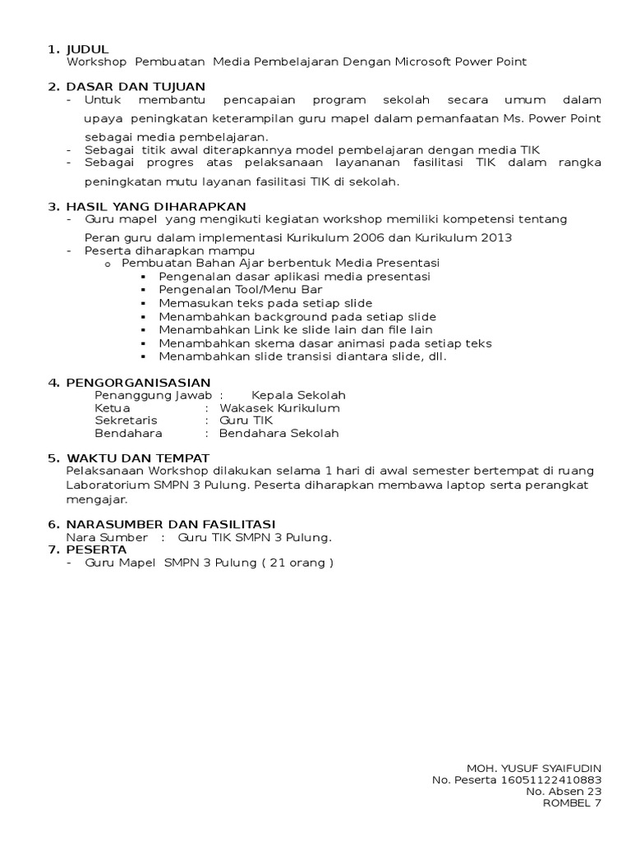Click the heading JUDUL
click(x=87, y=49)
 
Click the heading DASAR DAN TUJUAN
click(x=136, y=87)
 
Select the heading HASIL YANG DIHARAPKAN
click(x=155, y=206)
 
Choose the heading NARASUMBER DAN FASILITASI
click(x=171, y=524)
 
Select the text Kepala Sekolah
click(x=298, y=395)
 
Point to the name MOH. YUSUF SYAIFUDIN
click(x=534, y=766)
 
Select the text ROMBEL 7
click(x=572, y=803)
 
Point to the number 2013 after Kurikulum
click(x=495, y=237)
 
